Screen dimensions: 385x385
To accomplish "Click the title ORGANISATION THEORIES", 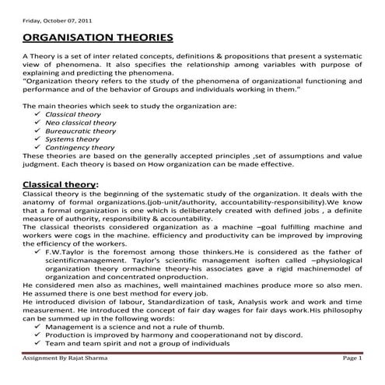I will click(x=97, y=37).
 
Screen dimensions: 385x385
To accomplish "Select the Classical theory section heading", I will click(x=61, y=184).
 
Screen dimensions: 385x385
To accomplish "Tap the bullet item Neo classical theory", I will click(x=81, y=122).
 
